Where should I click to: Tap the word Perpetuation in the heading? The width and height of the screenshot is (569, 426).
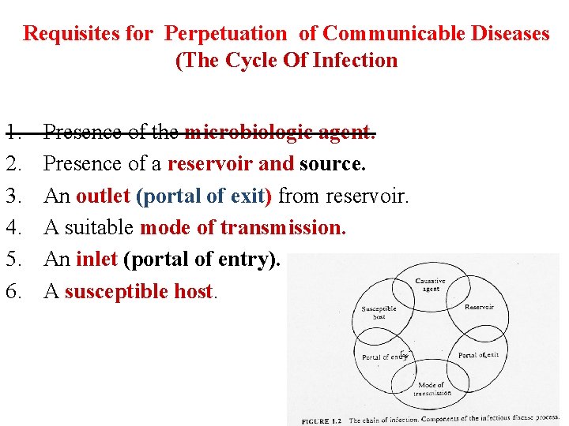225,34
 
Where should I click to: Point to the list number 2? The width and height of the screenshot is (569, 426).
13,163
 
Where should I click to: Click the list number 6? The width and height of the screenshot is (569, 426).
13,291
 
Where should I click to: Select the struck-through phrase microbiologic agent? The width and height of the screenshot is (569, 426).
280,132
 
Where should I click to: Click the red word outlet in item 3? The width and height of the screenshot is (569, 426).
103,196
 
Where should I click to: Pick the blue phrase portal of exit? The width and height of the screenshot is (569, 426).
205,196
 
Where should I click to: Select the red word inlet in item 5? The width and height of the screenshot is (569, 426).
97,260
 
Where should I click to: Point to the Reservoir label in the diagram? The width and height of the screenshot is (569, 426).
479,307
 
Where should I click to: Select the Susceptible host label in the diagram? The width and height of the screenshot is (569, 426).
379,312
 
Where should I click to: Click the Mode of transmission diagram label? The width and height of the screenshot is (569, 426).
431,389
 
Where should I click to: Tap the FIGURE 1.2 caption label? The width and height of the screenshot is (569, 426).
322,420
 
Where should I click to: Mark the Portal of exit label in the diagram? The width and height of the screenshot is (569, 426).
478,355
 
